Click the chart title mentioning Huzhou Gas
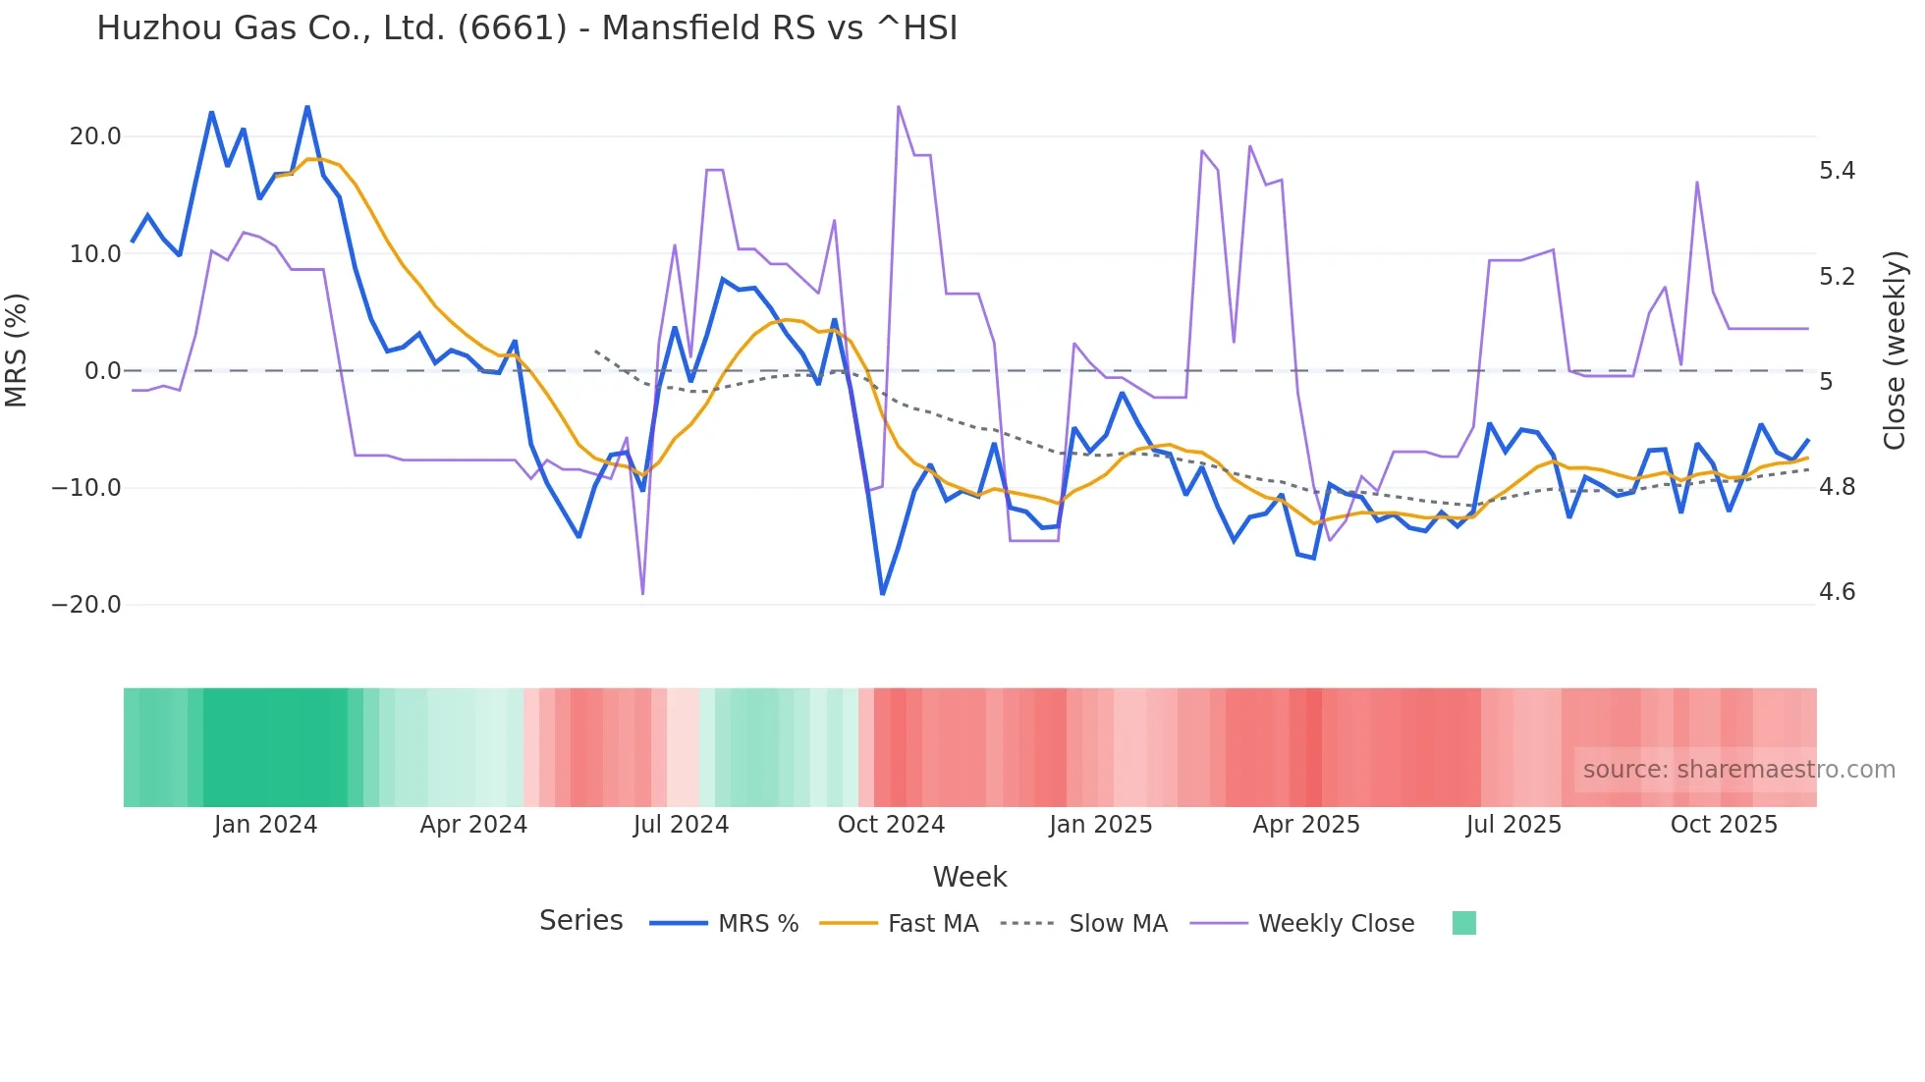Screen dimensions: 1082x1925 click(x=526, y=27)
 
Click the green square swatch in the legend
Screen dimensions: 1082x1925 click(x=1463, y=923)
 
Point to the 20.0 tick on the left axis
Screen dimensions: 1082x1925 click(x=95, y=136)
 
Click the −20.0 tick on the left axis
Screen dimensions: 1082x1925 click(x=86, y=605)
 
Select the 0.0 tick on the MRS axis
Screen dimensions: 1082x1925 click(x=102, y=371)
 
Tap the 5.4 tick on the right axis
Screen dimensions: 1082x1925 click(x=1837, y=171)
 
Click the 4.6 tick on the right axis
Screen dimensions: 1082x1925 click(x=1837, y=592)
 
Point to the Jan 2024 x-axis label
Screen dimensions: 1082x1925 click(x=265, y=825)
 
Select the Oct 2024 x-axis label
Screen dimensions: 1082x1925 click(x=891, y=825)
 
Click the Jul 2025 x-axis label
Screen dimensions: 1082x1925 click(x=1513, y=825)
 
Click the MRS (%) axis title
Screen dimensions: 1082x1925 click(x=17, y=351)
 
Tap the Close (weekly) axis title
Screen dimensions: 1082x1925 click(x=1895, y=351)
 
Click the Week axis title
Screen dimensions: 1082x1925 click(x=969, y=877)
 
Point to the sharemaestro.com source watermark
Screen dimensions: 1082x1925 click(x=1738, y=770)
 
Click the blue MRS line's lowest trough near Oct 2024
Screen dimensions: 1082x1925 click(x=882, y=594)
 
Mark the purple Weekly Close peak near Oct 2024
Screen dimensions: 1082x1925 click(x=899, y=106)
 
